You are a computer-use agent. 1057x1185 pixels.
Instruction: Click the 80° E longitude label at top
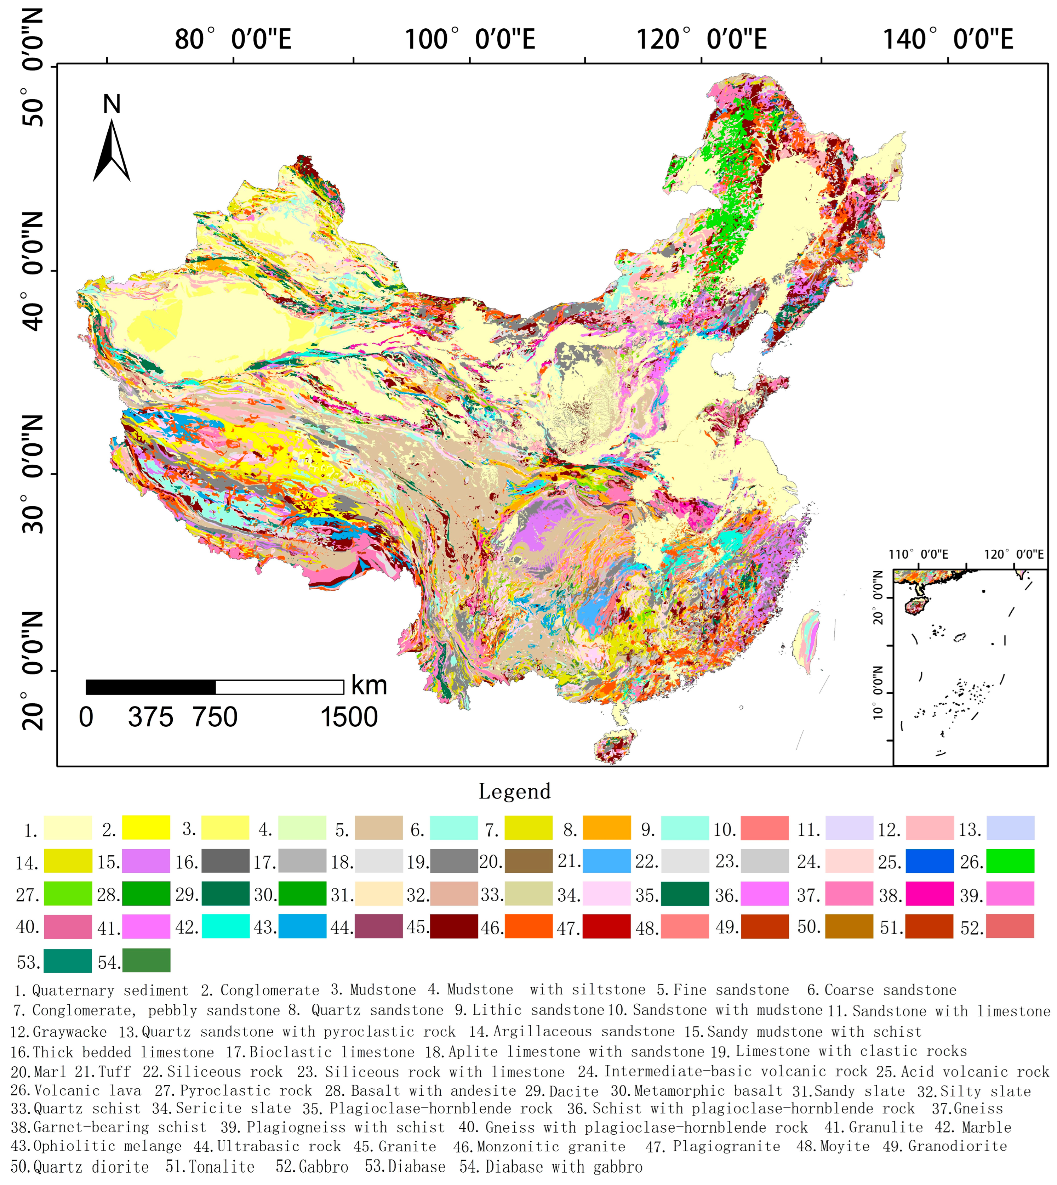pos(232,40)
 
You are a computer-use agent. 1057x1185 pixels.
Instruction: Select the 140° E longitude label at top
pos(948,40)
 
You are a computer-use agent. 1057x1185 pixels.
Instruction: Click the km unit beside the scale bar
pos(369,686)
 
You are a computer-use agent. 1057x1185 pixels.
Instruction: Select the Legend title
pos(515,792)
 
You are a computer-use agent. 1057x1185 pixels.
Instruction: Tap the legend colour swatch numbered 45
pos(454,926)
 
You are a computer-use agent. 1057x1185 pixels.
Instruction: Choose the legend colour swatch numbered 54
pos(146,960)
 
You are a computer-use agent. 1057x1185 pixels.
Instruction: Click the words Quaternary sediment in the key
pos(110,990)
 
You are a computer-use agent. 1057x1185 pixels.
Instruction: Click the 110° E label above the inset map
pos(918,555)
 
